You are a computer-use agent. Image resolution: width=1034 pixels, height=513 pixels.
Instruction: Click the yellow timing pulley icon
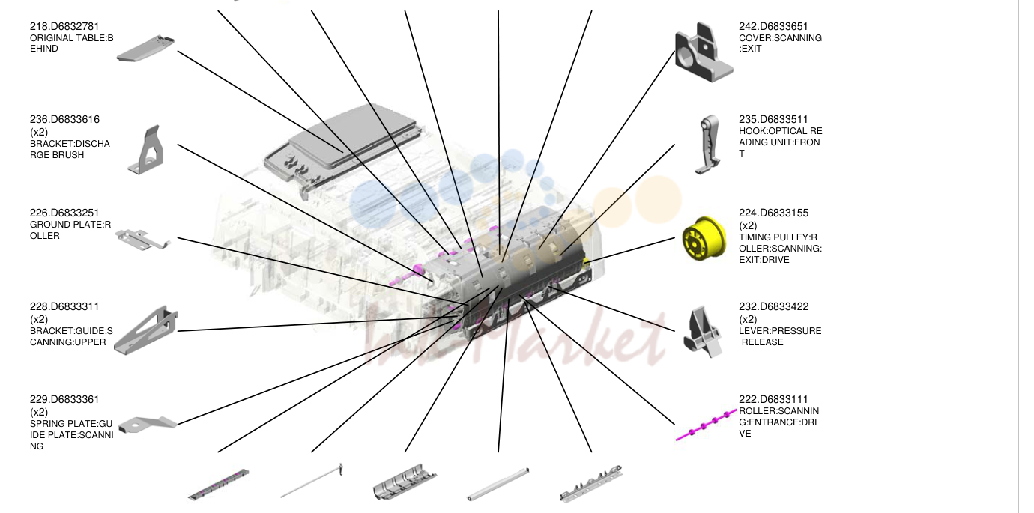pyautogui.click(x=704, y=238)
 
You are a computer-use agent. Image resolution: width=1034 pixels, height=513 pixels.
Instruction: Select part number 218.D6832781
pyautogui.click(x=64, y=27)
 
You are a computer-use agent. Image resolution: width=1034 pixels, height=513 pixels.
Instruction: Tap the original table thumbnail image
pyautogui.click(x=145, y=48)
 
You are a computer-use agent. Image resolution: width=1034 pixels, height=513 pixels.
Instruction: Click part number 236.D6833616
pyautogui.click(x=64, y=120)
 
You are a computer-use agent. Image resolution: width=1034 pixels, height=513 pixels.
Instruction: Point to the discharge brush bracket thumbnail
pyautogui.click(x=147, y=150)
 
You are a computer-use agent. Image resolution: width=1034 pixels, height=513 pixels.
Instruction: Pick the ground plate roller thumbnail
pyautogui.click(x=143, y=240)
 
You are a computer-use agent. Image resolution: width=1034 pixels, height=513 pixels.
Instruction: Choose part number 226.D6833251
pyautogui.click(x=64, y=213)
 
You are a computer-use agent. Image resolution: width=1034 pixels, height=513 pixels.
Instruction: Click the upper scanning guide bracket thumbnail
pyautogui.click(x=146, y=330)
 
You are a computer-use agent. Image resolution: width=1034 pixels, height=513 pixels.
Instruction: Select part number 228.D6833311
pyautogui.click(x=64, y=307)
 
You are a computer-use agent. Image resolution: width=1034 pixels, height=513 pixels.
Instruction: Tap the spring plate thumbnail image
pyautogui.click(x=148, y=425)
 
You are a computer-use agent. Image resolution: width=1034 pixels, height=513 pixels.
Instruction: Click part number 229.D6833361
pyautogui.click(x=64, y=399)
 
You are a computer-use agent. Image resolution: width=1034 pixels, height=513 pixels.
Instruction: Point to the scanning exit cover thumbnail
pyautogui.click(x=704, y=52)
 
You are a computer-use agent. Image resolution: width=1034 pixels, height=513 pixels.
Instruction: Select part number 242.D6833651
pyautogui.click(x=774, y=27)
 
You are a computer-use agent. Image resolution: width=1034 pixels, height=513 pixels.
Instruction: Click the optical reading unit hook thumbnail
pyautogui.click(x=708, y=145)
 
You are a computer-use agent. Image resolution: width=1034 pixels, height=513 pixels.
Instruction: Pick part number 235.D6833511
pyautogui.click(x=774, y=120)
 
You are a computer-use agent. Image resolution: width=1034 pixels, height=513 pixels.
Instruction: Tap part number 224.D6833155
pyautogui.click(x=774, y=213)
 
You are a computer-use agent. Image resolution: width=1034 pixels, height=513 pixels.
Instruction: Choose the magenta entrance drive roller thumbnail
pyautogui.click(x=707, y=425)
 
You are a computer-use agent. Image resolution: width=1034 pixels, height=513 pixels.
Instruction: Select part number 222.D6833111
pyautogui.click(x=774, y=399)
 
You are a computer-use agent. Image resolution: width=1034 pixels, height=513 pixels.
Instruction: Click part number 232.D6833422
pyautogui.click(x=774, y=307)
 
